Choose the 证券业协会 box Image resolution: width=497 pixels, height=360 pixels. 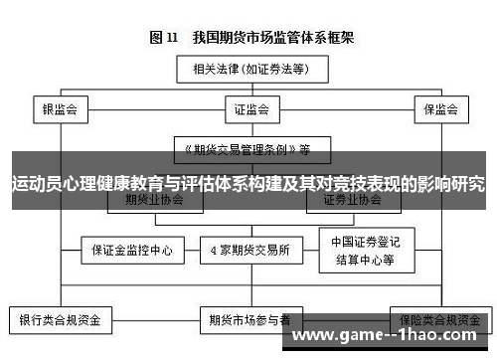pyautogui.click(x=352, y=199)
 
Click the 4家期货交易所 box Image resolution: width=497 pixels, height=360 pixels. pyautogui.click(x=249, y=250)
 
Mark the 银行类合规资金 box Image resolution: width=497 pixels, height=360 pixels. pyautogui.click(x=60, y=320)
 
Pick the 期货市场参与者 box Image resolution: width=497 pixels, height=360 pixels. pyautogui.click(x=249, y=320)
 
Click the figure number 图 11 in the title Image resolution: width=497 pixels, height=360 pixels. pyautogui.click(x=163, y=38)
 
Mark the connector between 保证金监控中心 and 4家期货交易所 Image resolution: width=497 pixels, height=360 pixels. pyautogui.click(x=192, y=250)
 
